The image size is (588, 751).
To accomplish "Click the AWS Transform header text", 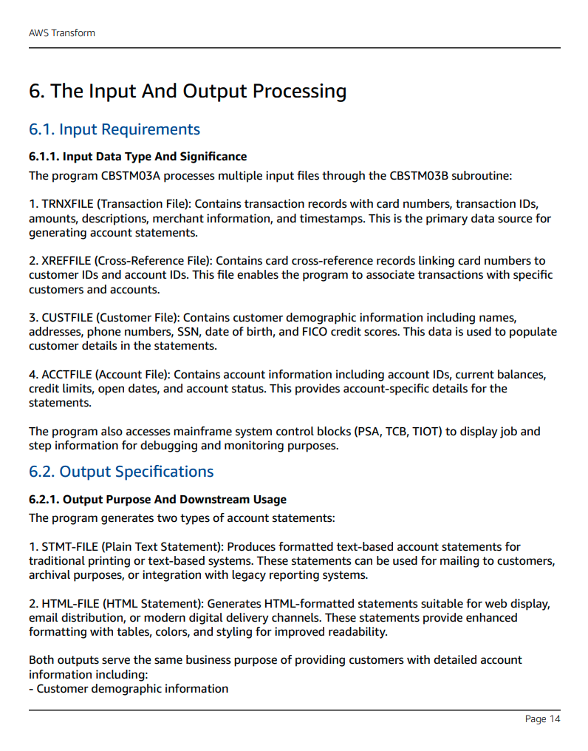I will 62,33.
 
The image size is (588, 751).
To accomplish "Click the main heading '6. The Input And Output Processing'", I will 188,91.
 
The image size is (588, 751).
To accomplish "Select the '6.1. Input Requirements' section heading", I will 114,129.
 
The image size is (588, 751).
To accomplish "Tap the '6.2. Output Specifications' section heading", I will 121,472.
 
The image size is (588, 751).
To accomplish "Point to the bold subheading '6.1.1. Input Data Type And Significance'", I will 137,157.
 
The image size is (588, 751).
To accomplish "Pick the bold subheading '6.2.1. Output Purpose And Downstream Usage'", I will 157,500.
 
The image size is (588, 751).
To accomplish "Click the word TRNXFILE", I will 66,204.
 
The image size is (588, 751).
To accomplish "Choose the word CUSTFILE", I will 66,318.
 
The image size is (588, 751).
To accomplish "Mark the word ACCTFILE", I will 66,375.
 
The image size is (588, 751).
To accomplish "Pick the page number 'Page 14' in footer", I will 542,719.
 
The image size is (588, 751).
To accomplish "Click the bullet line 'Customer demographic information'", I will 132,689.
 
